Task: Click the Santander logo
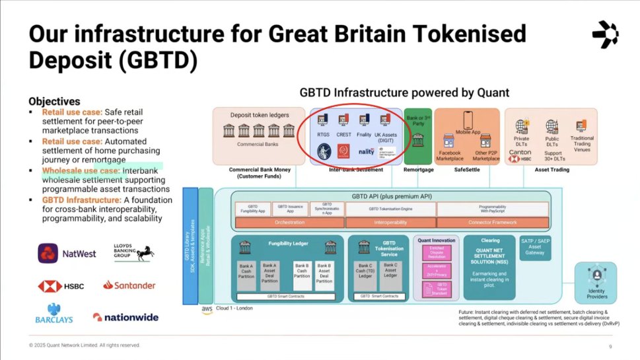tap(129, 285)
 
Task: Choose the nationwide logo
tap(125, 317)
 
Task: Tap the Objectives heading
tap(54, 102)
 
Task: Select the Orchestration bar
tap(289, 223)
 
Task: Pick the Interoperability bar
tap(390, 223)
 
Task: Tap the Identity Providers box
tap(596, 280)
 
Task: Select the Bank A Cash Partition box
tap(245, 273)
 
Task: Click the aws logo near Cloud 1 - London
tap(207, 309)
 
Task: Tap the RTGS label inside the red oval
tap(324, 133)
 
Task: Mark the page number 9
tap(610, 346)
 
